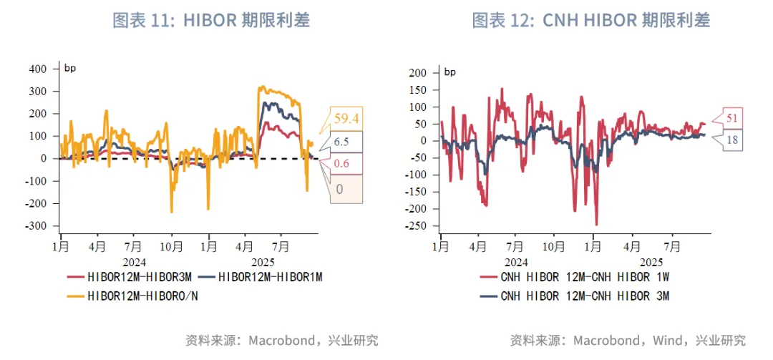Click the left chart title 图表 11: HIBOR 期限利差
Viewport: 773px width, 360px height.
[x=211, y=20]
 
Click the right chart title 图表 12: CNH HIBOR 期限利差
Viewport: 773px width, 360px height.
[x=590, y=20]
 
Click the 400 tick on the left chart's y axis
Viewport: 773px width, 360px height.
[x=37, y=69]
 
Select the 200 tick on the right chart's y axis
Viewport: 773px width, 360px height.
[x=418, y=73]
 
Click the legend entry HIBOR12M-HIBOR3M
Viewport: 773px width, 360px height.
[x=132, y=276]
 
